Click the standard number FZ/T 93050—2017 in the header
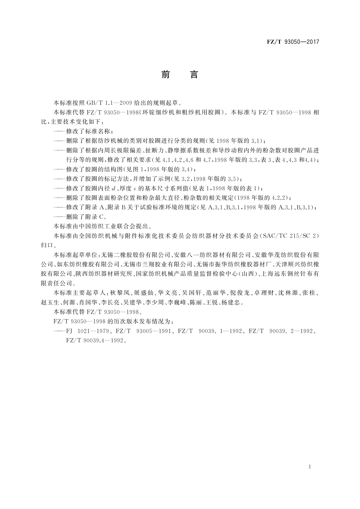click(x=293, y=42)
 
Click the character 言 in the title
click(x=194, y=75)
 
